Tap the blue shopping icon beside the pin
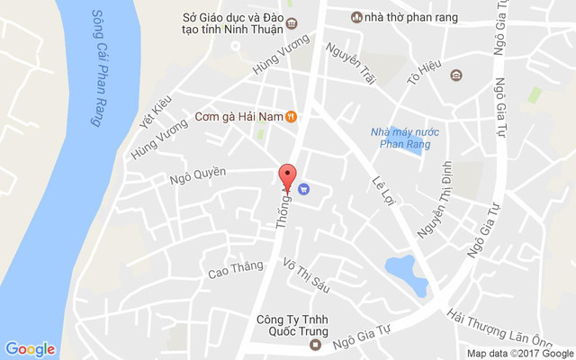click(x=303, y=189)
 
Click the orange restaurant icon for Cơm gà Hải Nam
click(x=292, y=116)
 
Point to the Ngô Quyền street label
click(x=198, y=173)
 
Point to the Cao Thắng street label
click(x=235, y=267)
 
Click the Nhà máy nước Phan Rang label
click(x=401, y=138)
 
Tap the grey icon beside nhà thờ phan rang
click(x=355, y=17)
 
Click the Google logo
click(x=30, y=348)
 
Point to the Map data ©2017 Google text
click(x=519, y=353)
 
